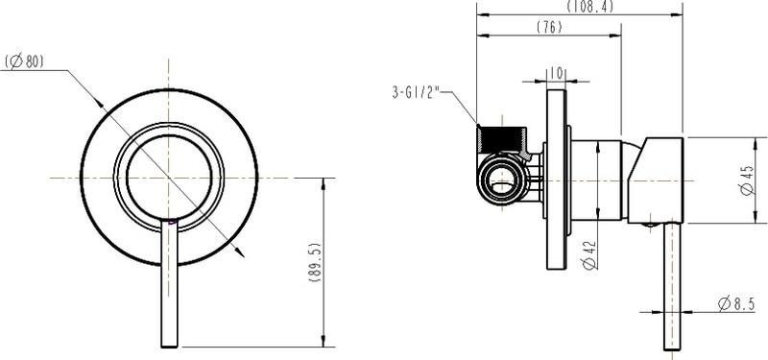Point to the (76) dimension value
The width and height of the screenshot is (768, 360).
click(x=548, y=28)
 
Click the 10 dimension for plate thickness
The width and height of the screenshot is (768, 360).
click(x=557, y=72)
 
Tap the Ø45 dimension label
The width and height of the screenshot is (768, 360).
click(x=747, y=180)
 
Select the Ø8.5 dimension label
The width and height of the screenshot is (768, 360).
click(x=735, y=305)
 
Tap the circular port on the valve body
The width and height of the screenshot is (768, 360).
click(x=501, y=180)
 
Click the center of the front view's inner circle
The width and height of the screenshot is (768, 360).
click(x=169, y=179)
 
